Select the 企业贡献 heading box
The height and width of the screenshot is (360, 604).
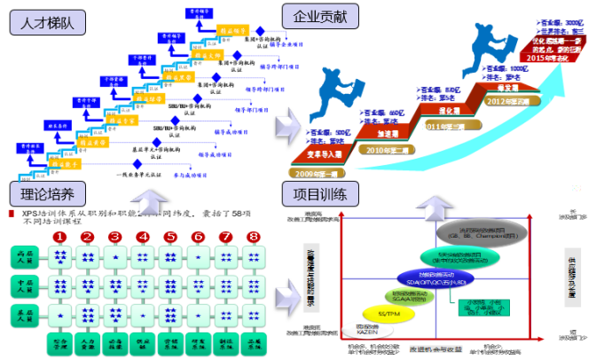coord(320,16)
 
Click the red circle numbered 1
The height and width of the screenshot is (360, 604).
coord(59,237)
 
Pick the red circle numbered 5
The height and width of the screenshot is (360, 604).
coord(169,237)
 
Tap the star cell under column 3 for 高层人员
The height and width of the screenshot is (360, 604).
coord(114,258)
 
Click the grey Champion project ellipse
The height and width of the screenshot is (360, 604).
coord(482,233)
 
